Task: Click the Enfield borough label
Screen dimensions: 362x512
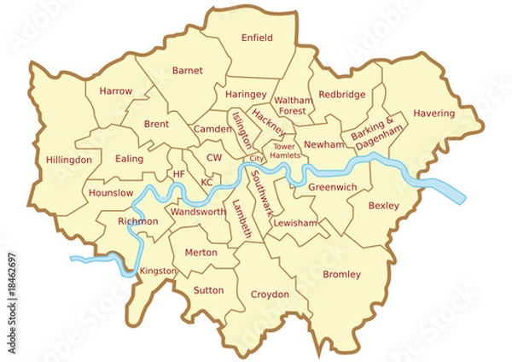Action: pos(257,38)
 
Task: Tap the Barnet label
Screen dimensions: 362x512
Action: pos(187,71)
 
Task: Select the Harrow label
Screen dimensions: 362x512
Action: pos(115,90)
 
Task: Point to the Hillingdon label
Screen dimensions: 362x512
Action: pos(68,160)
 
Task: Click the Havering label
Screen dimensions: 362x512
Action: pos(433,114)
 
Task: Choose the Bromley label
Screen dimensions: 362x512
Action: pos(341,274)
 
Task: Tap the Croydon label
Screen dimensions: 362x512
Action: pos(269,295)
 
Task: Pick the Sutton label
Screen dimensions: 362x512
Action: pos(209,290)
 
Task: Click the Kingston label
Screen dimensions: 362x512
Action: pos(158,271)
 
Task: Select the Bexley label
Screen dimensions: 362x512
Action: pos(383,206)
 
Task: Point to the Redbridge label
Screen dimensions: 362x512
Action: pos(341,94)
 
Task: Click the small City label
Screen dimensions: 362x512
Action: pos(256,159)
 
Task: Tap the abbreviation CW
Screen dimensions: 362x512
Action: pos(214,158)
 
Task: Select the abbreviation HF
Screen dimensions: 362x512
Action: pos(178,174)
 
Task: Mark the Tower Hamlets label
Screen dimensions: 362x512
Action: pos(283,150)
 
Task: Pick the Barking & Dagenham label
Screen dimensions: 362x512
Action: pos(375,134)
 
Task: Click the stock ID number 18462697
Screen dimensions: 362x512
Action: pos(11,277)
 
